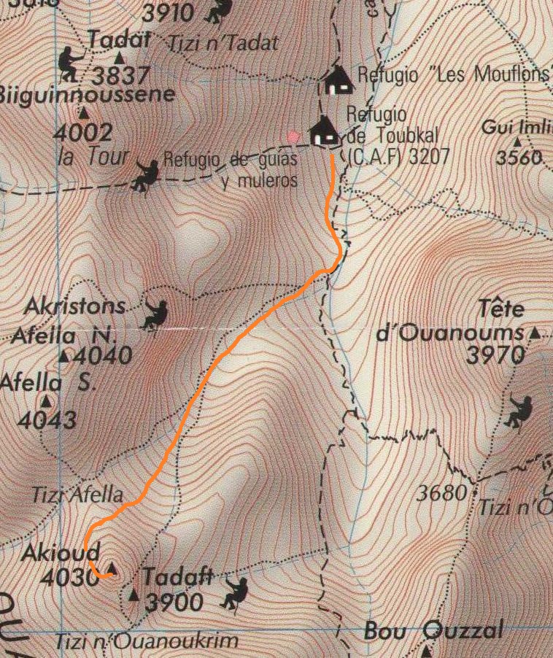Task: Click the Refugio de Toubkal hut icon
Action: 324,132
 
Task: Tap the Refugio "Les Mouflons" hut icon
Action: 337,80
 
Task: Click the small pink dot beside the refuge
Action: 293,136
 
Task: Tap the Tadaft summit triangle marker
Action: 133,596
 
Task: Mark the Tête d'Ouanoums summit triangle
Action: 536,333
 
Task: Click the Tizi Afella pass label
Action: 77,494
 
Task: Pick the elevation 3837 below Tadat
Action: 121,75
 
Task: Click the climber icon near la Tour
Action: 146,175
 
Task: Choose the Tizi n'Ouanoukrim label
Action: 147,643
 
